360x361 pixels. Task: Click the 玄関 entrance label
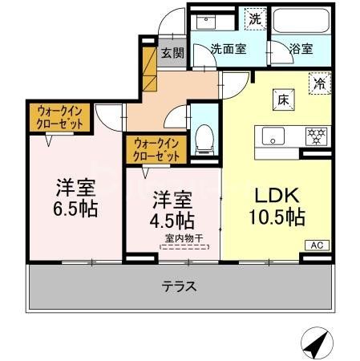[172, 54]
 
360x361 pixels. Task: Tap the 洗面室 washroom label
[228, 48]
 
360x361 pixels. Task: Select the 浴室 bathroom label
[301, 48]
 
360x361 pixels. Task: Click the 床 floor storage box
[284, 100]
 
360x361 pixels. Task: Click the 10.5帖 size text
[276, 216]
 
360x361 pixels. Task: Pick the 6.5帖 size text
[76, 210]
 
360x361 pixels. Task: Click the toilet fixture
[205, 138]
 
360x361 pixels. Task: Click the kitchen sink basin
[273, 136]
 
